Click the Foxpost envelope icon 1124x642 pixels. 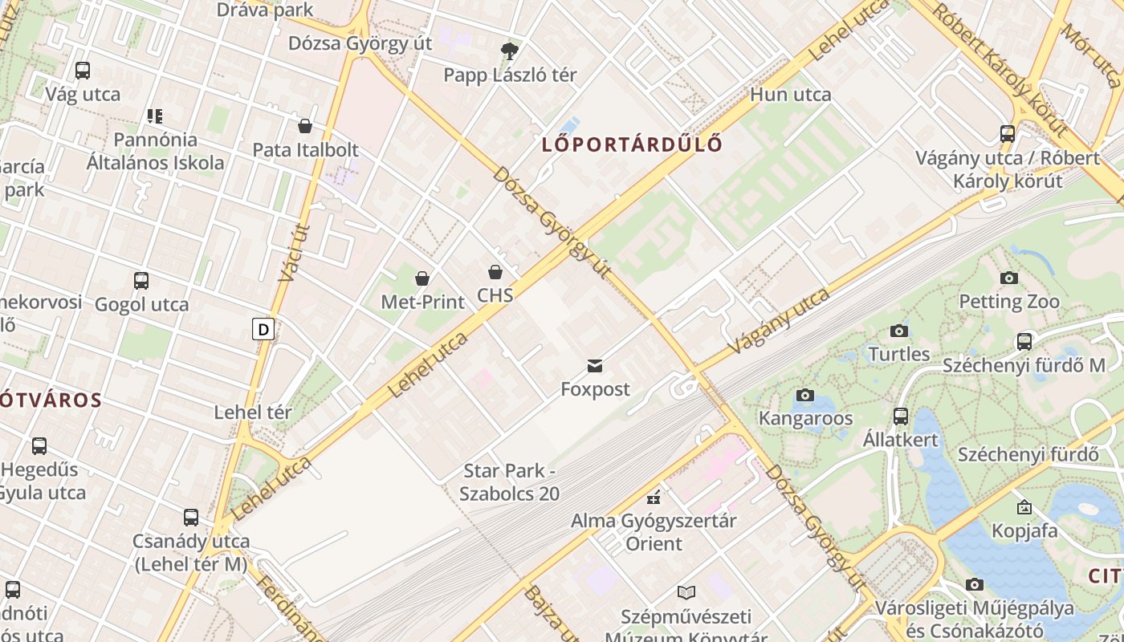pyautogui.click(x=595, y=366)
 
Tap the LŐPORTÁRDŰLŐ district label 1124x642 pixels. pyautogui.click(x=632, y=144)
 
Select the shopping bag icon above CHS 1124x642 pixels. pyautogui.click(x=495, y=272)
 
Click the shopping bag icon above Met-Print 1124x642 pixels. pyautogui.click(x=422, y=278)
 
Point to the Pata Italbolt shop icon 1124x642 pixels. pyautogui.click(x=305, y=126)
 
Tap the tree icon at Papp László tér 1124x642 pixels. pyautogui.click(x=509, y=51)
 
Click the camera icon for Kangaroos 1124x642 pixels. pyautogui.click(x=804, y=395)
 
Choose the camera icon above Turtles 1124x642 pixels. pyautogui.click(x=898, y=331)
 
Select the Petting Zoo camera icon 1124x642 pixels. pyautogui.click(x=1009, y=278)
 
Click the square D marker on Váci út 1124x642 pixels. pyautogui.click(x=263, y=328)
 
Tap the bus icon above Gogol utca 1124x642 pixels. pyautogui.click(x=141, y=281)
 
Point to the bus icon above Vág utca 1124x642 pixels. pyautogui.click(x=83, y=71)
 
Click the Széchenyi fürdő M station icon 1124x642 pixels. pyautogui.click(x=1024, y=342)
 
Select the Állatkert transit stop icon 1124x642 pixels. pyautogui.click(x=901, y=416)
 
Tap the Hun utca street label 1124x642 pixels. pyautogui.click(x=791, y=95)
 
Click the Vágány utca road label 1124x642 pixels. pyautogui.click(x=780, y=321)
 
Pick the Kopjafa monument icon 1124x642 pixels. pyautogui.click(x=1024, y=507)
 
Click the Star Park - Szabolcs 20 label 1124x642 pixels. pyautogui.click(x=509, y=482)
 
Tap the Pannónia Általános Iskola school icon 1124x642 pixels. pyautogui.click(x=155, y=116)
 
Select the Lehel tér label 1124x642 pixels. pyautogui.click(x=253, y=412)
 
